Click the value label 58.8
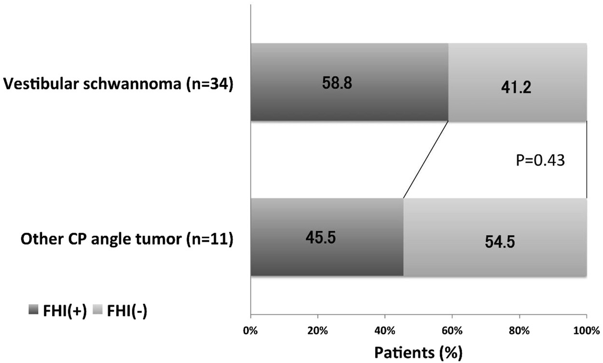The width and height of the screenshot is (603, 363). click(337, 83)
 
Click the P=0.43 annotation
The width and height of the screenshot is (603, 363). click(540, 160)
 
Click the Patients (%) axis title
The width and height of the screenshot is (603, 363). click(418, 352)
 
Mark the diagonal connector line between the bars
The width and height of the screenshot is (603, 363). click(426, 159)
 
